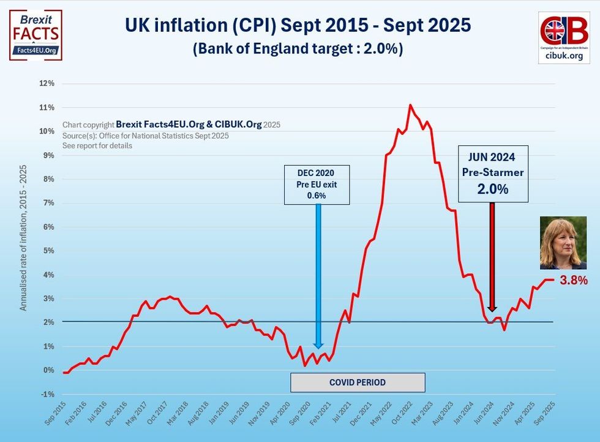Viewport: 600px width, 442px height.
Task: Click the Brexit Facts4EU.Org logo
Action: (x=36, y=35)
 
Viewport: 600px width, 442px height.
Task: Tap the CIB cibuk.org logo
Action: (x=564, y=37)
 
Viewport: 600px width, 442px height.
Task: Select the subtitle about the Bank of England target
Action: (x=298, y=49)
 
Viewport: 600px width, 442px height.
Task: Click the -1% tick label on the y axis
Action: (x=48, y=394)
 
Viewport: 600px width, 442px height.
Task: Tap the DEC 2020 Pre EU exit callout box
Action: (x=317, y=185)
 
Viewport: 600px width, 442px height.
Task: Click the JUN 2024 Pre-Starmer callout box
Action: (x=493, y=173)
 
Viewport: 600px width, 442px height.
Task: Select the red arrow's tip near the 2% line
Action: (x=492, y=310)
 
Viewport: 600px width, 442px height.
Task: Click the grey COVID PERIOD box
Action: (x=358, y=383)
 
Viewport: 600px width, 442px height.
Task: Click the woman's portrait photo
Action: (x=563, y=243)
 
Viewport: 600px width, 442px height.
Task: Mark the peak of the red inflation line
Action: (x=410, y=105)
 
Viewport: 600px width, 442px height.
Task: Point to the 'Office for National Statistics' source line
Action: (x=146, y=135)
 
